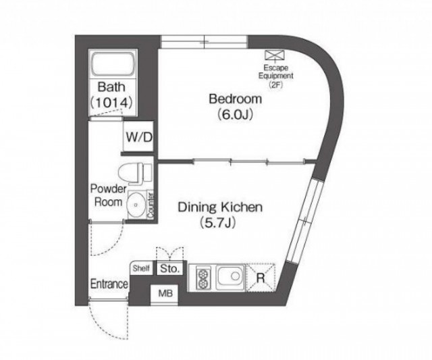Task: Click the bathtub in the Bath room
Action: [113, 64]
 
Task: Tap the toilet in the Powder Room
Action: [135, 174]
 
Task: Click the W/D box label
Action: [139, 137]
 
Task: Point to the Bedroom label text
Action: [235, 99]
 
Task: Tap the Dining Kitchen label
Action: [220, 207]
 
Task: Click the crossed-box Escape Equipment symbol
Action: [274, 55]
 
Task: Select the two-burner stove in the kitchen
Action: [203, 278]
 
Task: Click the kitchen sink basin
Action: [231, 277]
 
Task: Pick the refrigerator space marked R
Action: [261, 278]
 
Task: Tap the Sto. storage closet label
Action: [169, 268]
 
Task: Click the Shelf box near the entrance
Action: [141, 268]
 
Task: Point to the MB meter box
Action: [165, 294]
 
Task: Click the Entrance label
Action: [109, 284]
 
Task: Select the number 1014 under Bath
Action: [111, 103]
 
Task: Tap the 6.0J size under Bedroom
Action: [235, 114]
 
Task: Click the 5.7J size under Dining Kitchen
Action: [218, 223]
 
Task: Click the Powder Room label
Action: [108, 195]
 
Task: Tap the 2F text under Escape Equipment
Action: [276, 85]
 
